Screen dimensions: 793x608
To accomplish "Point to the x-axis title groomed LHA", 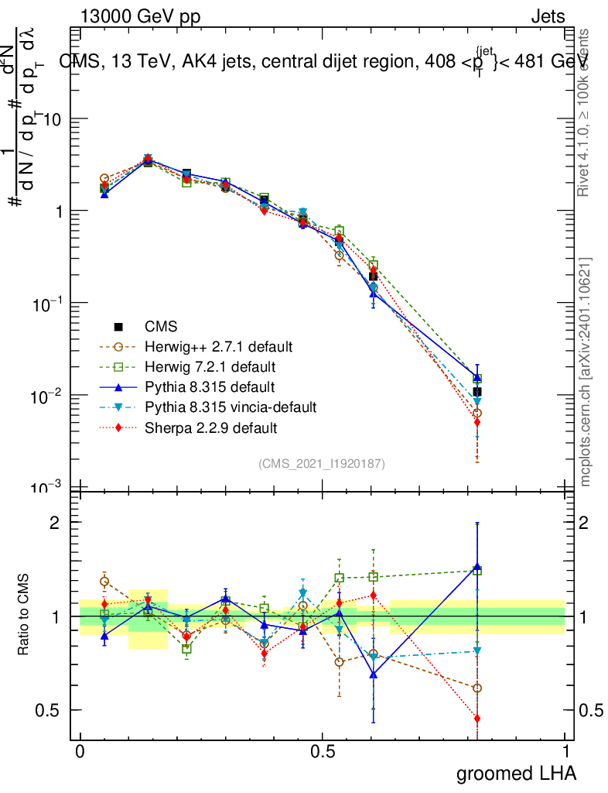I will [517, 774].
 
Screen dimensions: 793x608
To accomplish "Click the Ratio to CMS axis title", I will [25, 617].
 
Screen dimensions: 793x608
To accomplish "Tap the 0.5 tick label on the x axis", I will [323, 752].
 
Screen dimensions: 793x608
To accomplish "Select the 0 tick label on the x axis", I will [80, 752].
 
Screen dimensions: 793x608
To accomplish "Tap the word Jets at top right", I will [547, 17].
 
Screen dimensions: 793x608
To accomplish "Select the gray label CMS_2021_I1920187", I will [322, 463].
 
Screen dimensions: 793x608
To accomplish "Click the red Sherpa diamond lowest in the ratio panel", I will [477, 719].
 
